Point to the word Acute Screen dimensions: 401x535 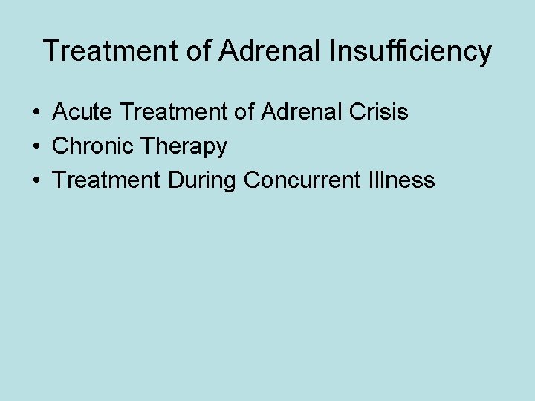[82, 112]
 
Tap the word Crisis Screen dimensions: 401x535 [381, 112]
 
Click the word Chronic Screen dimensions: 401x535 [94, 146]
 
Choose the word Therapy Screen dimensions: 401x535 [184, 147]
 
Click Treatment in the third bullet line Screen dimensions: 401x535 [107, 180]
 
